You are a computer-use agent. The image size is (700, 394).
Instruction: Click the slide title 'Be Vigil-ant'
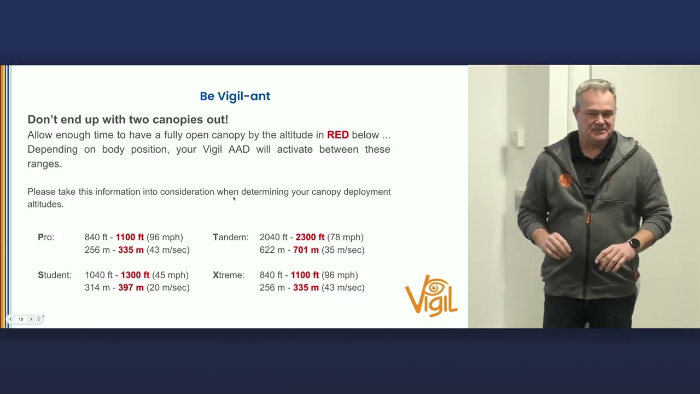tap(235, 96)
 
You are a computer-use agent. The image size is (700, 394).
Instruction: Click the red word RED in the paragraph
tap(337, 135)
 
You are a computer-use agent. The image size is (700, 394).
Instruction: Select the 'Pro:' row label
tap(46, 237)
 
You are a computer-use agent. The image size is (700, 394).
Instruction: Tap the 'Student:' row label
tap(55, 275)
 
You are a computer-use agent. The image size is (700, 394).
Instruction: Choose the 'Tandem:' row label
tap(230, 237)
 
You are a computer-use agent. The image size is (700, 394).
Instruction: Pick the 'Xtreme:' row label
tap(229, 275)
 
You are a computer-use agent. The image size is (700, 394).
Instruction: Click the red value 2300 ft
tap(310, 237)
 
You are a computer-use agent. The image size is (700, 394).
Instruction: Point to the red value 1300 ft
tap(135, 275)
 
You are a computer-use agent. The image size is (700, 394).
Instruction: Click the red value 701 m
tap(306, 250)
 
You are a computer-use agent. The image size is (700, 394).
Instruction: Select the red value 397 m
tap(131, 287)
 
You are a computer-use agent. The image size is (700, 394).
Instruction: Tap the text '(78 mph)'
tap(345, 237)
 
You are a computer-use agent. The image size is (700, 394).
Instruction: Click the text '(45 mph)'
tap(170, 275)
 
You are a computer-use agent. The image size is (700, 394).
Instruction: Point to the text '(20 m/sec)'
tap(168, 287)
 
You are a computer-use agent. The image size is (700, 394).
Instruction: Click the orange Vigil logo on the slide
tap(431, 296)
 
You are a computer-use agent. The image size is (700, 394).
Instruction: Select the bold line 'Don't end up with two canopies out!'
tap(128, 119)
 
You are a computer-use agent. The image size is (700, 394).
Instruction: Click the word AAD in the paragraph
tap(239, 149)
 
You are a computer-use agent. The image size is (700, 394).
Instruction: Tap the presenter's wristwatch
tap(634, 244)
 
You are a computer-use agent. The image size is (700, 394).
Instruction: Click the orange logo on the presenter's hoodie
tap(566, 179)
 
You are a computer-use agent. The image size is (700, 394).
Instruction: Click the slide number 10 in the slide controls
tap(21, 319)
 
